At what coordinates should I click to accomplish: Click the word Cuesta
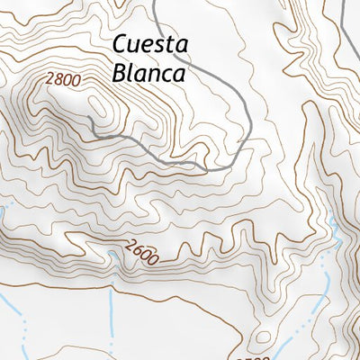click(x=149, y=46)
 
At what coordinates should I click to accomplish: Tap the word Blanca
click(x=149, y=73)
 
